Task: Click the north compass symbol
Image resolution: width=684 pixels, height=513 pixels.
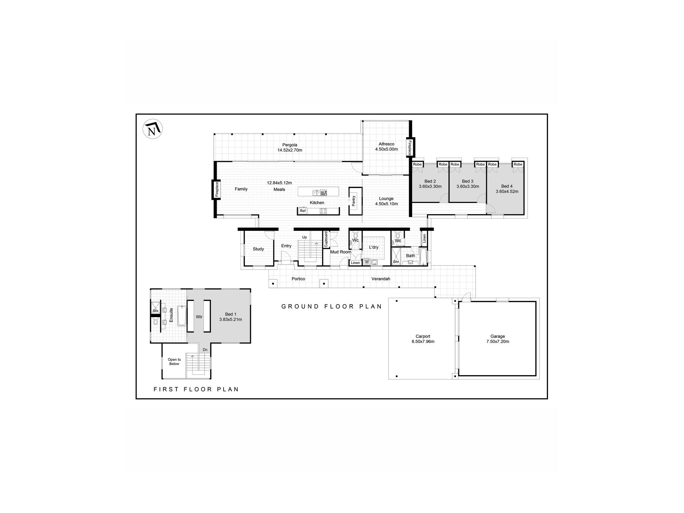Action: [153, 129]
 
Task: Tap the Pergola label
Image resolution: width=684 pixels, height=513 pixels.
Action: [289, 145]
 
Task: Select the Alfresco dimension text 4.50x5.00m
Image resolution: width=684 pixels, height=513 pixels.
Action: [386, 149]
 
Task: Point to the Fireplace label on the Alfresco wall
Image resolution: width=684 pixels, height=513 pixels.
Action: [409, 148]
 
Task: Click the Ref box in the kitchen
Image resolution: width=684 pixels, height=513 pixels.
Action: [303, 211]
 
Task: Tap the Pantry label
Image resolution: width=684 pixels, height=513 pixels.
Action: [354, 201]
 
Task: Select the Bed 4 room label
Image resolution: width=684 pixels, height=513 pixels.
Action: [507, 186]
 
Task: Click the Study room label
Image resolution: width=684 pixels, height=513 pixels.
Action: [258, 249]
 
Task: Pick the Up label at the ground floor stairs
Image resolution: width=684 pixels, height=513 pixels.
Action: [305, 237]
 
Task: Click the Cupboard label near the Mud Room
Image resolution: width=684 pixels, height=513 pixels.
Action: [326, 239]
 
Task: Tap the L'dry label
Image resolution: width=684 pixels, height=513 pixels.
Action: [374, 247]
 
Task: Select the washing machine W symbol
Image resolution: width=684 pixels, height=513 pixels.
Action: [367, 262]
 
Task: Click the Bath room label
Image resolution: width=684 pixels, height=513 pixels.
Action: [410, 256]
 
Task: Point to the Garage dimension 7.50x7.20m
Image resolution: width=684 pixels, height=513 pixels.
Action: [497, 342]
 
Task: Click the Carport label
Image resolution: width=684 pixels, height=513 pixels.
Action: [423, 337]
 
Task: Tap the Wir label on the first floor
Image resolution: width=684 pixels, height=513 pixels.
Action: [199, 317]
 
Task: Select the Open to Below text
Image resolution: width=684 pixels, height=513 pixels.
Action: [174, 361]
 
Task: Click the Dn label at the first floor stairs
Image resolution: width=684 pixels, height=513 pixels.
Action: [205, 350]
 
